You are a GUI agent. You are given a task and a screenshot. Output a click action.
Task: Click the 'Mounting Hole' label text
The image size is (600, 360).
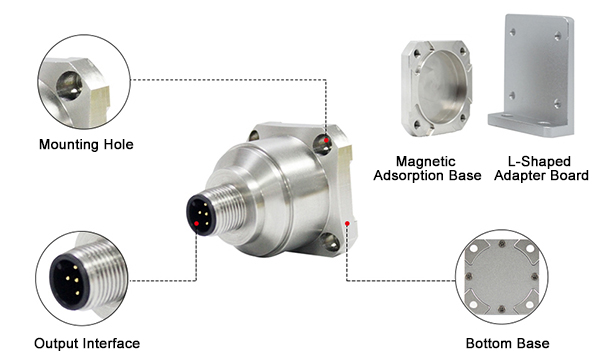(86, 145)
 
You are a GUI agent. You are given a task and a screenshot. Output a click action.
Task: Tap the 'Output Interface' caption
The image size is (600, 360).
(87, 343)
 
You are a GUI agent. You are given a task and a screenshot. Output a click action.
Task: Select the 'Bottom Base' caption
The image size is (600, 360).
(507, 343)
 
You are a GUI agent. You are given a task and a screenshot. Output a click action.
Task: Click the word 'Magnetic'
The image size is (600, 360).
(426, 161)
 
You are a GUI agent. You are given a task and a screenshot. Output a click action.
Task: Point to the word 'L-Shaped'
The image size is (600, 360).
(539, 161)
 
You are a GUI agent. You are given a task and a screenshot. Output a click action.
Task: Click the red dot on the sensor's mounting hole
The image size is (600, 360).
(326, 140)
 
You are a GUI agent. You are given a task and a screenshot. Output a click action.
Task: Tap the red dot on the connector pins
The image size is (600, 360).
(196, 224)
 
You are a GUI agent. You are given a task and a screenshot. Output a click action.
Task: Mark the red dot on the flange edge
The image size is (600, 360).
(347, 223)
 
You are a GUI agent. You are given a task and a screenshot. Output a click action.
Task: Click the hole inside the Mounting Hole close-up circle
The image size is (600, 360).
(69, 85)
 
